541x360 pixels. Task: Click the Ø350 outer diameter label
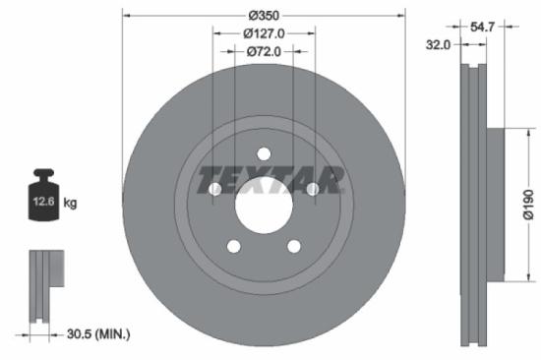pyautogui.click(x=264, y=16)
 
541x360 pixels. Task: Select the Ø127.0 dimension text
pyautogui.click(x=264, y=33)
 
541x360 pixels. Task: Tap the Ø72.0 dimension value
pyautogui.click(x=264, y=51)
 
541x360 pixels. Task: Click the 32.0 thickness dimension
pyautogui.click(x=439, y=44)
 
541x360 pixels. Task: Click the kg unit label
pyautogui.click(x=70, y=203)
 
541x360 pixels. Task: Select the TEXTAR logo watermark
pyautogui.click(x=271, y=181)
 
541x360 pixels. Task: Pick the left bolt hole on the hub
pyautogui.click(x=215, y=188)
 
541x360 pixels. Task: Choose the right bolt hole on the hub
pyautogui.click(x=312, y=188)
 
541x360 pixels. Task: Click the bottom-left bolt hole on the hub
pyautogui.click(x=234, y=246)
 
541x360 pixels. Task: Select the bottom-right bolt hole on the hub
pyautogui.click(x=293, y=246)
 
